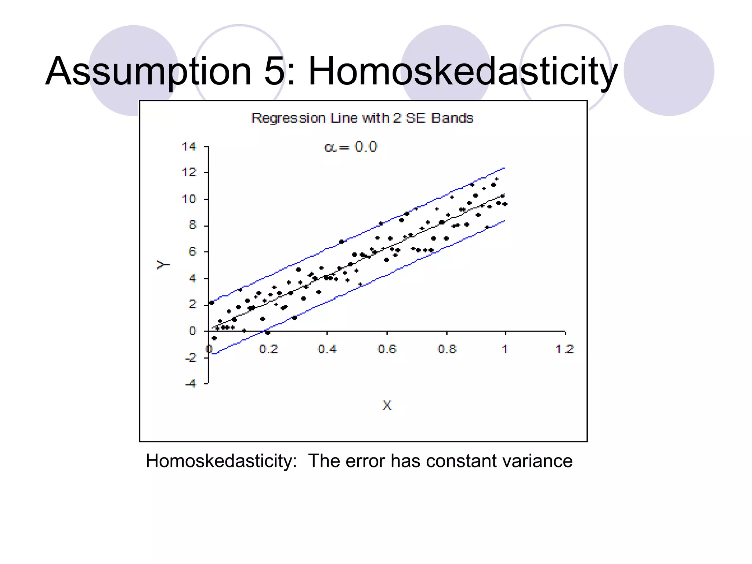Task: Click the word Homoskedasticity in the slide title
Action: pyautogui.click(x=463, y=71)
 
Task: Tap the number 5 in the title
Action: pyautogui.click(x=274, y=71)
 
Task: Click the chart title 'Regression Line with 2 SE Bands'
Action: pyautogui.click(x=362, y=118)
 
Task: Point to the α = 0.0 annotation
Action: pyautogui.click(x=351, y=147)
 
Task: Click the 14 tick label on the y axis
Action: pyautogui.click(x=189, y=147)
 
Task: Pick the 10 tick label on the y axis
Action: pyautogui.click(x=189, y=199)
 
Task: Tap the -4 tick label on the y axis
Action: pyautogui.click(x=191, y=384)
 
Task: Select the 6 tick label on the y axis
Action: pyautogui.click(x=192, y=252)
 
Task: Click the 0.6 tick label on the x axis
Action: pyautogui.click(x=387, y=349)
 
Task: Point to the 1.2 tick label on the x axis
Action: pyautogui.click(x=565, y=349)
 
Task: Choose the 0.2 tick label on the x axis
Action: pyautogui.click(x=268, y=349)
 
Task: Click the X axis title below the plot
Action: pyautogui.click(x=387, y=405)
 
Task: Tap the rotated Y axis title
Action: pyautogui.click(x=163, y=264)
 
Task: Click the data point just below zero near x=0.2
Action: pyautogui.click(x=268, y=333)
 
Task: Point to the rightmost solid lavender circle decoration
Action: pyautogui.click(x=669, y=70)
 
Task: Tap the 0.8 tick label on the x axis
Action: pyautogui.click(x=447, y=349)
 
